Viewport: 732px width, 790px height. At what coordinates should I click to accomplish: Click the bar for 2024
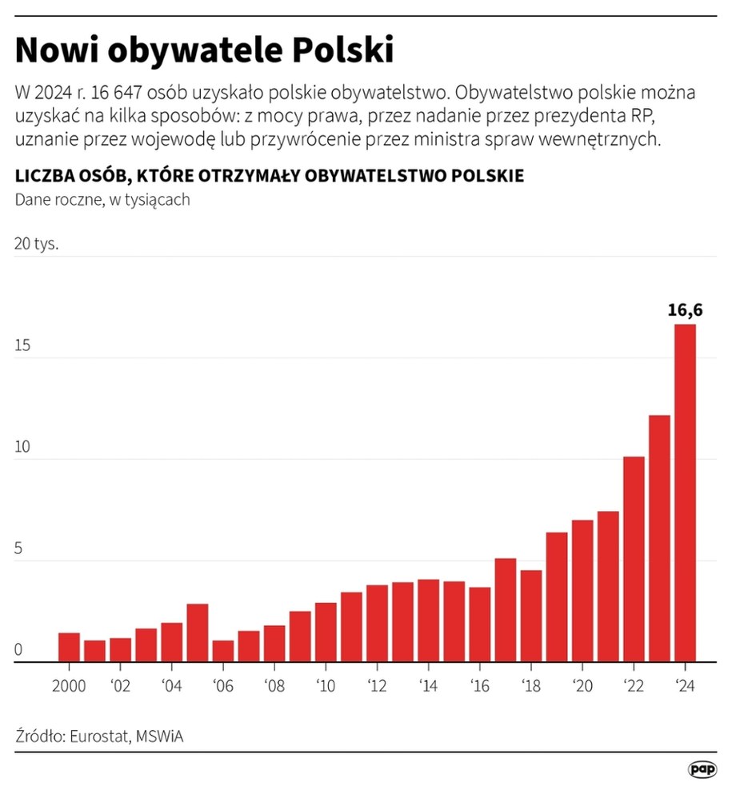click(x=685, y=493)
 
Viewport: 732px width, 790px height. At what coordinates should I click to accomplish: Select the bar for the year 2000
click(x=70, y=647)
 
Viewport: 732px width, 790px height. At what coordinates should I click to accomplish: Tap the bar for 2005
click(x=198, y=632)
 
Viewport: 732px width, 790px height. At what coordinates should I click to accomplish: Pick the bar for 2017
click(x=506, y=609)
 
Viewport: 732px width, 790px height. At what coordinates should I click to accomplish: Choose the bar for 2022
click(x=634, y=559)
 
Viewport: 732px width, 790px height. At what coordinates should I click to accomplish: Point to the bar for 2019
click(x=557, y=596)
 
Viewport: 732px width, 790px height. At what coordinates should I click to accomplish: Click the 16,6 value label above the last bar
click(x=685, y=310)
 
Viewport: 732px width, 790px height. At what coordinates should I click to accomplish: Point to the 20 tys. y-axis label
click(x=37, y=244)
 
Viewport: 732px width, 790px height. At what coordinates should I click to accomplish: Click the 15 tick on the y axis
click(x=22, y=345)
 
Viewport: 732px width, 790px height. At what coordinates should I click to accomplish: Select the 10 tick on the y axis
click(x=22, y=447)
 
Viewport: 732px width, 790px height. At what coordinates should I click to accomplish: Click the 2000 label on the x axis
click(x=70, y=686)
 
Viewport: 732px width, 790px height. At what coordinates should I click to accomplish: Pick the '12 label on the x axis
click(x=377, y=686)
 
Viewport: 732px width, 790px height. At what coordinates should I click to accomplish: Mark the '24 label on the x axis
click(x=685, y=686)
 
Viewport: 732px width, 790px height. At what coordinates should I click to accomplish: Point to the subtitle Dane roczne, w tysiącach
click(x=102, y=200)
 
